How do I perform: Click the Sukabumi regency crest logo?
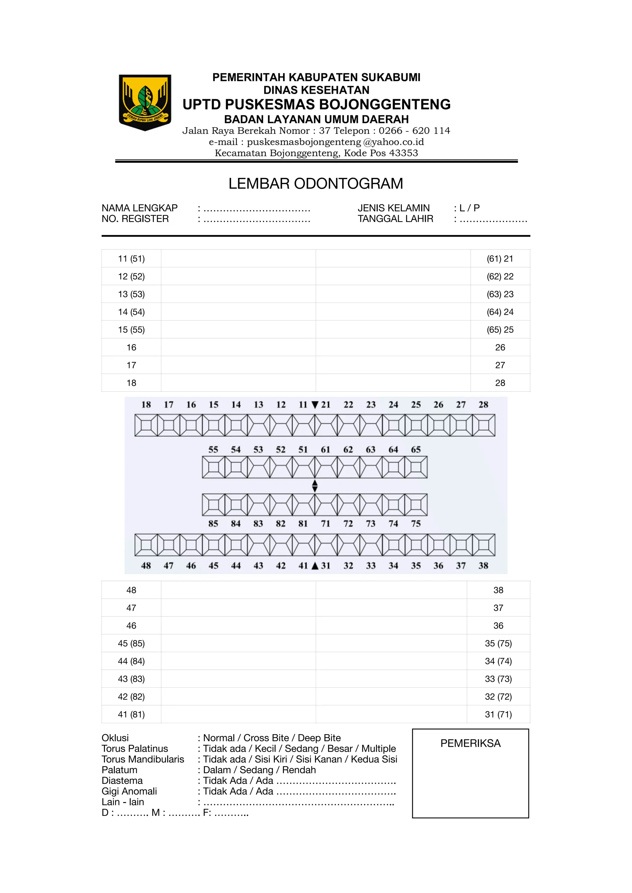click(145, 102)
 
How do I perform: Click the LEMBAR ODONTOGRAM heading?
click(316, 183)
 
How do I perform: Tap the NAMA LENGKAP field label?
click(139, 208)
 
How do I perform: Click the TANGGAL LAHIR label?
click(395, 219)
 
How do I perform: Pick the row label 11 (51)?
click(131, 259)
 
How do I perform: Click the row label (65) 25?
click(500, 330)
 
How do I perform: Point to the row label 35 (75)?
click(498, 643)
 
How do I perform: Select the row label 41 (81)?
click(131, 714)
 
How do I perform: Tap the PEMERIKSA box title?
click(470, 743)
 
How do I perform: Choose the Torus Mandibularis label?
click(143, 759)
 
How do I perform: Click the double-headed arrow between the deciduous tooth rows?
click(315, 486)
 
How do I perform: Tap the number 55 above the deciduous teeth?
click(213, 450)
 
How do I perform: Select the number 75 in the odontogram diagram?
click(416, 524)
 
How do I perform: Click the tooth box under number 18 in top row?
click(146, 425)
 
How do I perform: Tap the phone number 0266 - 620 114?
click(414, 131)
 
